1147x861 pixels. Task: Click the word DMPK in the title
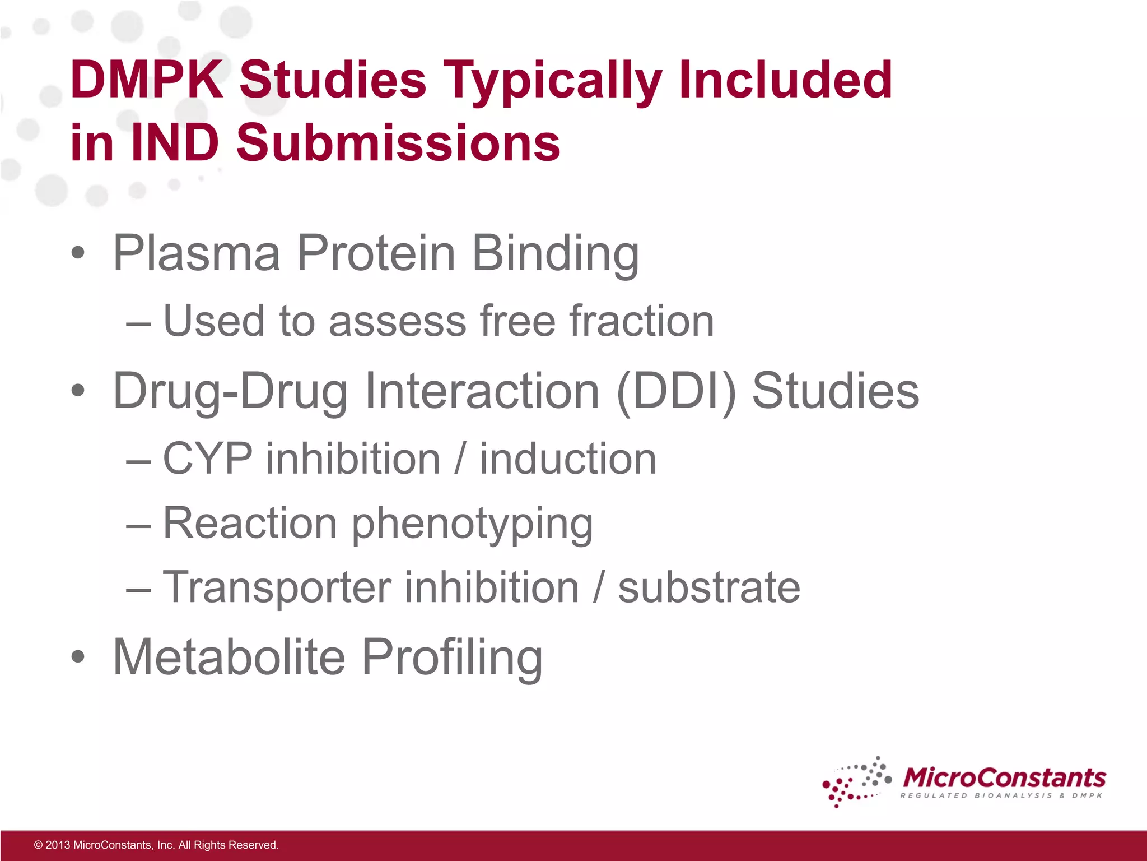(x=147, y=80)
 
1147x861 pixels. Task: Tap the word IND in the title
(x=174, y=143)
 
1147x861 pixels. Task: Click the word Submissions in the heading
(x=398, y=143)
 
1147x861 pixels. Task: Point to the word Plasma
(x=196, y=253)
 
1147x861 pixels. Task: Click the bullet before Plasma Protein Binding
(x=78, y=253)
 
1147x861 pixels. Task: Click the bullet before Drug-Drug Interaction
(x=78, y=391)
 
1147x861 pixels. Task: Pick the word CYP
(x=208, y=459)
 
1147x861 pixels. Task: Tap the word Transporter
(x=277, y=587)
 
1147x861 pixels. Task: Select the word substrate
(x=709, y=587)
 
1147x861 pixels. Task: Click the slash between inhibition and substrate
(x=599, y=587)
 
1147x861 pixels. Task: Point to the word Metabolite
(x=229, y=657)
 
